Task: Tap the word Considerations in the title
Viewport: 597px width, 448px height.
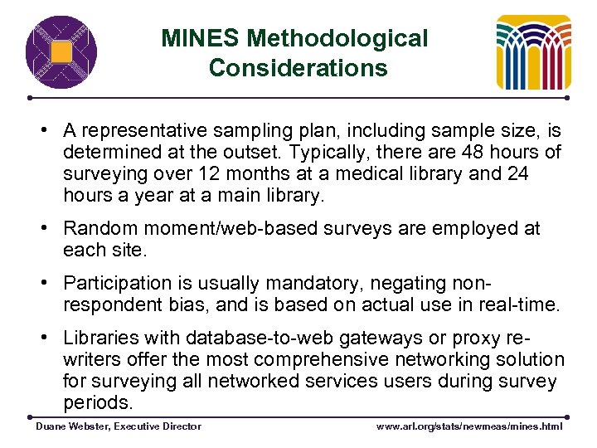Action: point(298,67)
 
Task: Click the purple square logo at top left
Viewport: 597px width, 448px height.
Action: point(61,52)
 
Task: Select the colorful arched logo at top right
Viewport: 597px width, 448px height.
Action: point(533,52)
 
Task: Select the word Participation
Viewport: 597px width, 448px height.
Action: point(118,283)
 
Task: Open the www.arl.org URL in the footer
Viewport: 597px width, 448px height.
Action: point(469,426)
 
